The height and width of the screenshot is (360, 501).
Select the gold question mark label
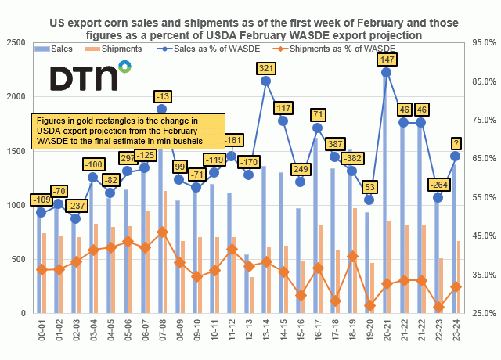(x=455, y=142)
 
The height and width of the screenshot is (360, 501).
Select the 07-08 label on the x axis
(x=161, y=330)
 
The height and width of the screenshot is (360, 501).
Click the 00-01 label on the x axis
(x=41, y=330)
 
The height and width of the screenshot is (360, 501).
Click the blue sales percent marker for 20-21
(x=386, y=72)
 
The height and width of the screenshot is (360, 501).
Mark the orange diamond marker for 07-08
(x=161, y=232)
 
